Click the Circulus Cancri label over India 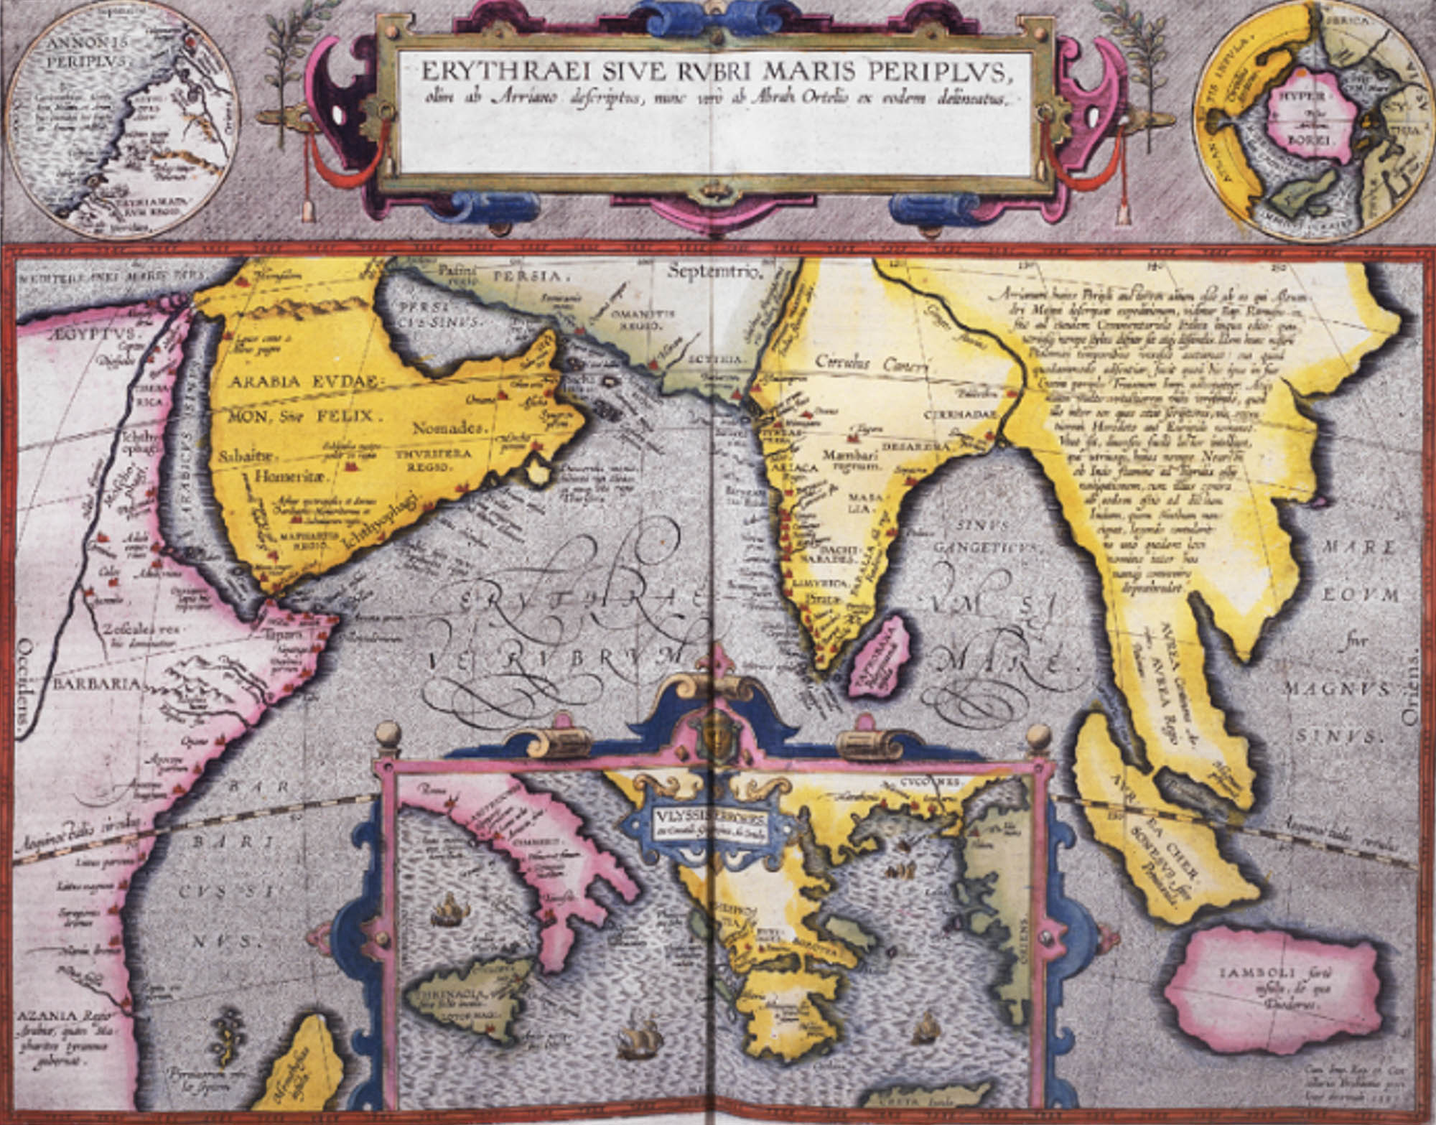[871, 363]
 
